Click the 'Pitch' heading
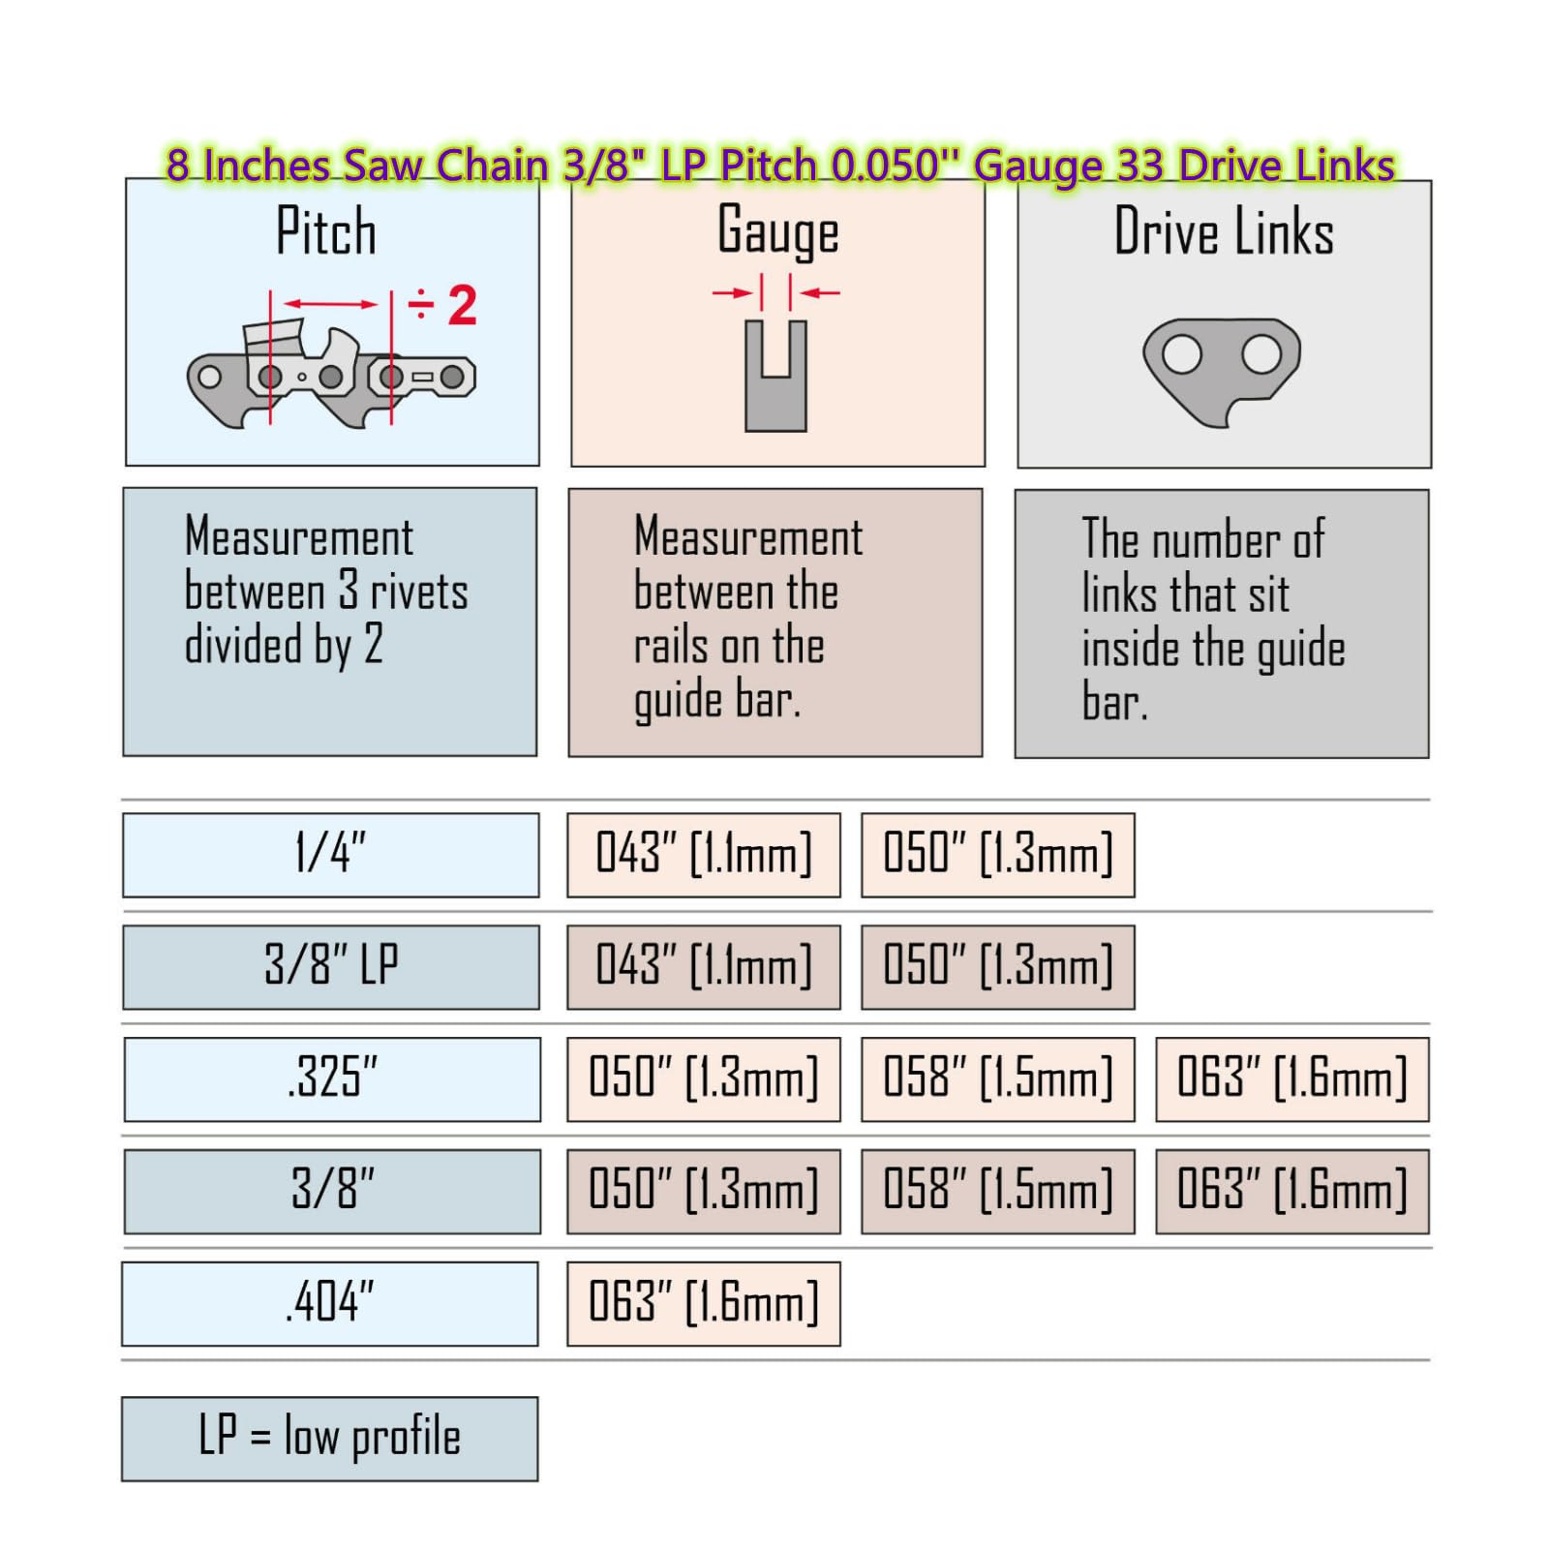tap(326, 231)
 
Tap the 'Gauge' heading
tap(778, 232)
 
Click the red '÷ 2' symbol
tap(443, 305)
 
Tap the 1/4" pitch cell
tap(330, 855)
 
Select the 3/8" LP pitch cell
tap(330, 967)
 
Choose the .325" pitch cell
tap(332, 1079)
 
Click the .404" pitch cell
tap(329, 1303)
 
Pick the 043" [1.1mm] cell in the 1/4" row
tap(704, 855)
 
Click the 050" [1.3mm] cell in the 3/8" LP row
tap(998, 967)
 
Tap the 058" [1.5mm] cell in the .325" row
tap(998, 1079)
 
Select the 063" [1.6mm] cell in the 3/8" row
tap(1292, 1191)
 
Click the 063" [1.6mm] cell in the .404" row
tap(704, 1303)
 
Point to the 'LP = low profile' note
tap(329, 1439)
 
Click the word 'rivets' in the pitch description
tap(419, 591)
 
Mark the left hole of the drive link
tap(1182, 354)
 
